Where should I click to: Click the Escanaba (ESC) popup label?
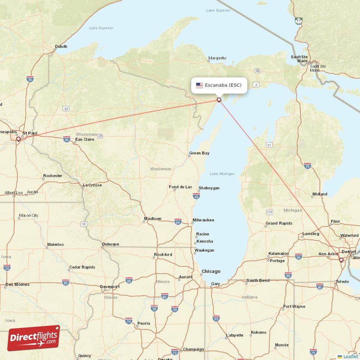point(223,85)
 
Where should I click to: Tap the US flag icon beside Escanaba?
point(199,85)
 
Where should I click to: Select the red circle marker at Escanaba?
point(219,100)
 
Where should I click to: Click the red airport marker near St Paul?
point(18,139)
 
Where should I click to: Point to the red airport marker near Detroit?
point(341,260)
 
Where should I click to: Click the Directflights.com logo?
point(33,338)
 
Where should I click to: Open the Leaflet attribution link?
point(350,356)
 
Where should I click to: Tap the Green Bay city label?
point(199,153)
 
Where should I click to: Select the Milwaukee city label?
point(203,220)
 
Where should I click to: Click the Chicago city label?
point(211,271)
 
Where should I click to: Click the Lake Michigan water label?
point(222,174)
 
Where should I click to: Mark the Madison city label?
point(152,219)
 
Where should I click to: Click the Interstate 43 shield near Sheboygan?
point(196,196)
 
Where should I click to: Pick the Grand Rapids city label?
point(279,223)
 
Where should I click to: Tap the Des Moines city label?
point(18,284)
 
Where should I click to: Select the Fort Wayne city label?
point(293,307)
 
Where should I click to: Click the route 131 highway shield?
point(270,212)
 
